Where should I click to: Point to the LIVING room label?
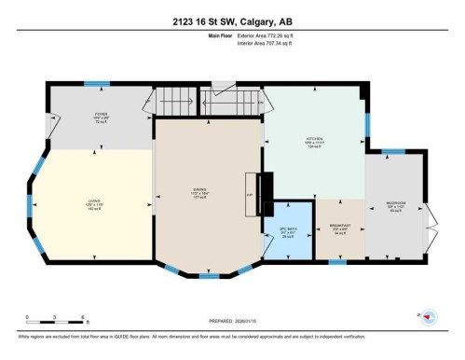tap(92, 202)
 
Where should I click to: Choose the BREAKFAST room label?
tap(340, 227)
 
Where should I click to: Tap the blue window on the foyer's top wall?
tap(97, 84)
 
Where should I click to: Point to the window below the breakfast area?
tap(337, 262)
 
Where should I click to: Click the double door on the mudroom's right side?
tap(430, 215)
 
